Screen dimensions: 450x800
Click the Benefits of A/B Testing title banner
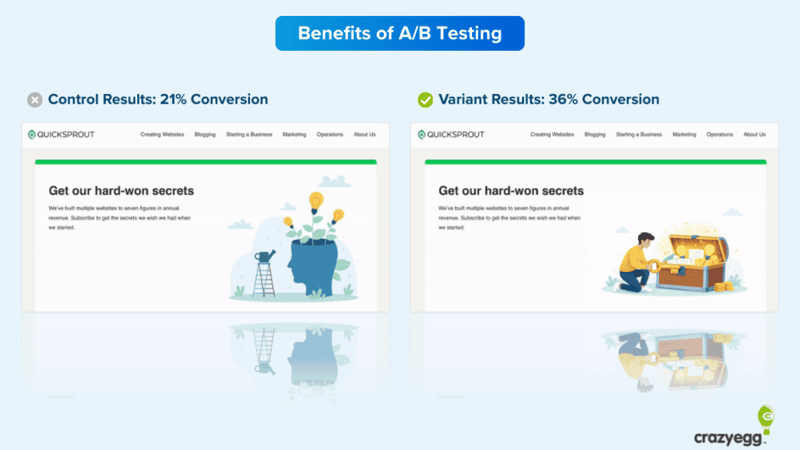click(399, 33)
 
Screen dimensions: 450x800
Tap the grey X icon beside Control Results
click(35, 100)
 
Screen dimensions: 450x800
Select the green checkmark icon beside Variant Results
click(425, 100)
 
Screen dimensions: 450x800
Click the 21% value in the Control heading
click(176, 99)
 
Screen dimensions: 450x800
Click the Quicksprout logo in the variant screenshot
click(451, 135)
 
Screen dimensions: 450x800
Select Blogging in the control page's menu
click(205, 135)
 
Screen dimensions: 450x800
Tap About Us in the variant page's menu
click(754, 135)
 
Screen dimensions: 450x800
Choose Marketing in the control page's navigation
click(294, 135)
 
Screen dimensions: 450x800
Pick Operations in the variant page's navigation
click(720, 135)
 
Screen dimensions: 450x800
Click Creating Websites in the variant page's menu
click(552, 135)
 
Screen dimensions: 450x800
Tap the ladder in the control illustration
click(264, 279)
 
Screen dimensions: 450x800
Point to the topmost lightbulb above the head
click(316, 201)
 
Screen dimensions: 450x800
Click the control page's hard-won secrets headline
click(121, 191)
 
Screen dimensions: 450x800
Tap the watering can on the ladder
click(264, 258)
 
